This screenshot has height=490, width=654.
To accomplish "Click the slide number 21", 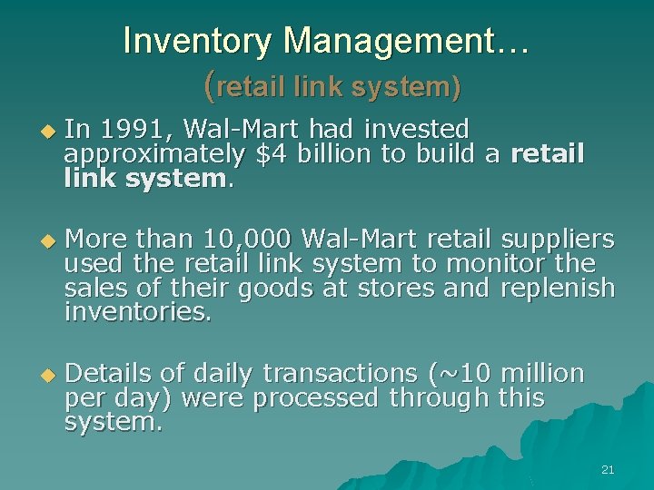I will tap(608, 469).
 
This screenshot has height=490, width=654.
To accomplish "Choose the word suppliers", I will tap(558, 239).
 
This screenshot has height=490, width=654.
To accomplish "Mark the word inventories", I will tap(138, 314).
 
